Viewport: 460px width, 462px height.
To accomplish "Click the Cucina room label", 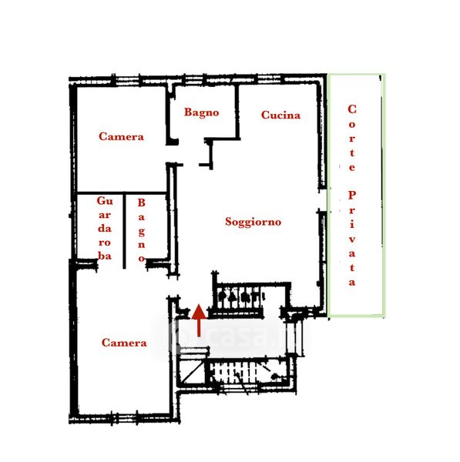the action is click(280, 115).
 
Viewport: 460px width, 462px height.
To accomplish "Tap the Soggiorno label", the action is click(253, 222).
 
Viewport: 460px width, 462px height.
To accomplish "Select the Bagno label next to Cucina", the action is click(202, 112).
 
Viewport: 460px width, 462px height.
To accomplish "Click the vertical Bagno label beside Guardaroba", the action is click(142, 230).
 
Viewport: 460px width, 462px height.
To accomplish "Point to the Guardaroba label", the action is click(105, 228).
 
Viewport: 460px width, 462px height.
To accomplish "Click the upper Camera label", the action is click(121, 136).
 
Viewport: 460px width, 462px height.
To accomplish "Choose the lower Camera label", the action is click(124, 343).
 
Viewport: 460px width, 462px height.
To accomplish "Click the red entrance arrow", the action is click(199, 320).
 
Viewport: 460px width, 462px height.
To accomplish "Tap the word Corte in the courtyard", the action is click(352, 138).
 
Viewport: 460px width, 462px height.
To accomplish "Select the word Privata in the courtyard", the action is click(352, 239).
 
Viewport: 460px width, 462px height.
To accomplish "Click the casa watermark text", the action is click(236, 336).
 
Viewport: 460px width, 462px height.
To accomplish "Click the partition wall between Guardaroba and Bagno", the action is click(124, 231).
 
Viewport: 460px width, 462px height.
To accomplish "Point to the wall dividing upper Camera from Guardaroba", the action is click(122, 193).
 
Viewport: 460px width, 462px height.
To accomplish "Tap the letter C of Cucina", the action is click(265, 115).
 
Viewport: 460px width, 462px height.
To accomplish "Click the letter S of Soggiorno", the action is click(229, 222).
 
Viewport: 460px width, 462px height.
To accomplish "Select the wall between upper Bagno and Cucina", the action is click(237, 112).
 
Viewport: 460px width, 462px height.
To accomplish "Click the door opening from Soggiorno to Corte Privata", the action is click(323, 200).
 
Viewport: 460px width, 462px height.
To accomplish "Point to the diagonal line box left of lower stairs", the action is click(191, 372).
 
